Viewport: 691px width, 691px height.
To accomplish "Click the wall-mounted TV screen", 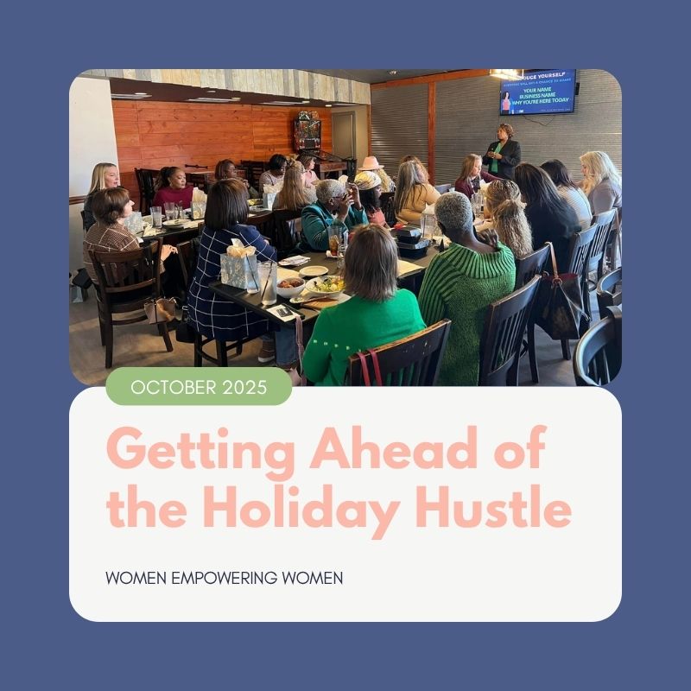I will (537, 92).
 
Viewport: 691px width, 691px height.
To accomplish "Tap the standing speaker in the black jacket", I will (502, 155).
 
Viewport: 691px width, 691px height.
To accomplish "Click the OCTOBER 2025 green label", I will (199, 386).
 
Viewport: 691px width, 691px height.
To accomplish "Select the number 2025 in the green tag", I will (244, 386).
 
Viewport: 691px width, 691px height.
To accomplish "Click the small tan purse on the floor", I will (161, 310).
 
